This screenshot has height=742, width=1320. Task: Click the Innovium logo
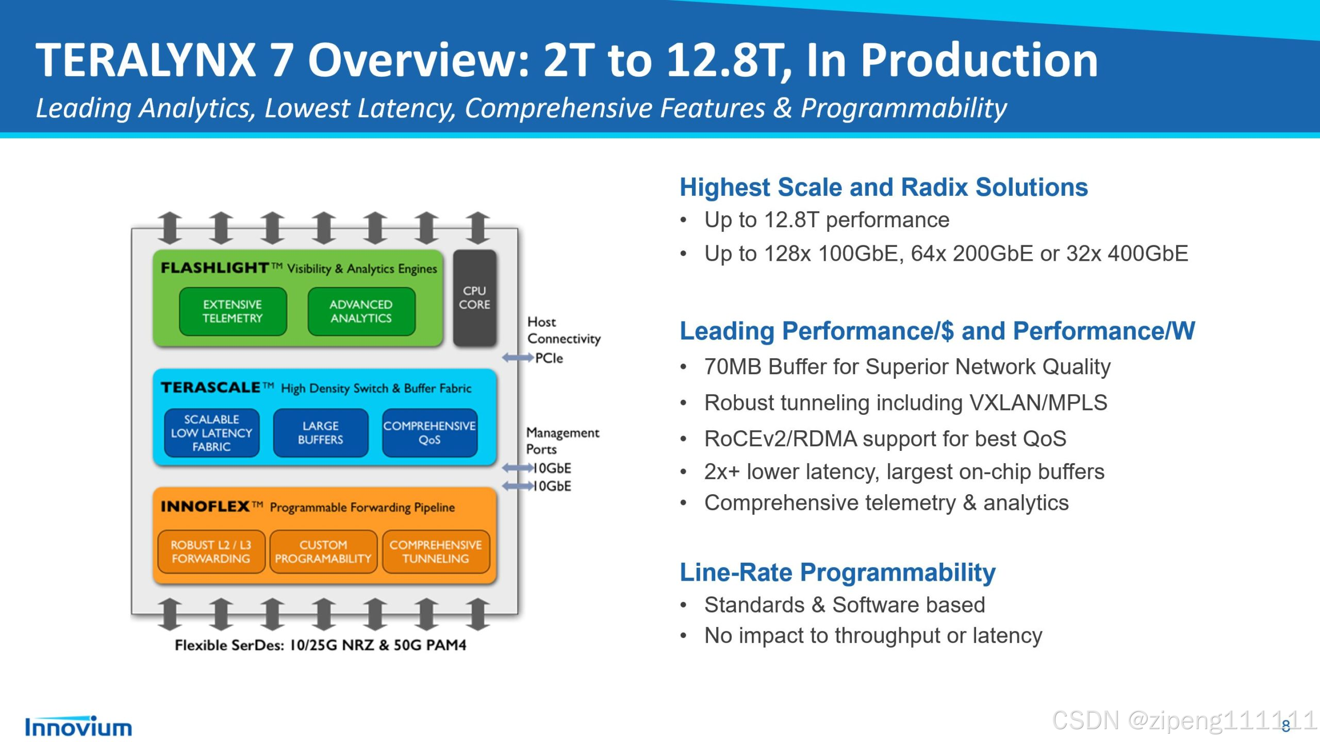(78, 727)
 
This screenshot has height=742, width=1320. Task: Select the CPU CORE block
(474, 298)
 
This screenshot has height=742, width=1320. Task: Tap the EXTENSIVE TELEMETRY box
(233, 311)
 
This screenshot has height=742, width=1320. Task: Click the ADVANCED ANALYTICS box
(361, 311)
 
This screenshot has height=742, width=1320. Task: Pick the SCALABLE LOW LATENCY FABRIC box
(211, 433)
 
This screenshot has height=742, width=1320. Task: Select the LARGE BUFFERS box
(320, 433)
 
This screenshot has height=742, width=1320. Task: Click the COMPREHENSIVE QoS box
(430, 433)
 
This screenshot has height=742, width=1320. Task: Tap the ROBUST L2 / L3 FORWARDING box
(211, 551)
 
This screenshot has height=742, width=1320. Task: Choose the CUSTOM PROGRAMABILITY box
(323, 551)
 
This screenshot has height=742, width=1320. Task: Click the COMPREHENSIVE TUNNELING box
(436, 551)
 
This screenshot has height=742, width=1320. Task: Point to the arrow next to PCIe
(518, 358)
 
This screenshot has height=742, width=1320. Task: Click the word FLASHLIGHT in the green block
(214, 268)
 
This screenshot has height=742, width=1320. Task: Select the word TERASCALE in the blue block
(210, 387)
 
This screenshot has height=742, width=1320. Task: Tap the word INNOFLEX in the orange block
(205, 507)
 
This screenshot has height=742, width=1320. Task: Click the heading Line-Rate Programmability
(837, 572)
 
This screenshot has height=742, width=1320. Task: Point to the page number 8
(1286, 727)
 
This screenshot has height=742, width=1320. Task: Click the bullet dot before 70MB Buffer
(684, 367)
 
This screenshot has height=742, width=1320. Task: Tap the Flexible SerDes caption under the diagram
(320, 645)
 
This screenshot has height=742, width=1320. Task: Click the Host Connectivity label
(564, 330)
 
